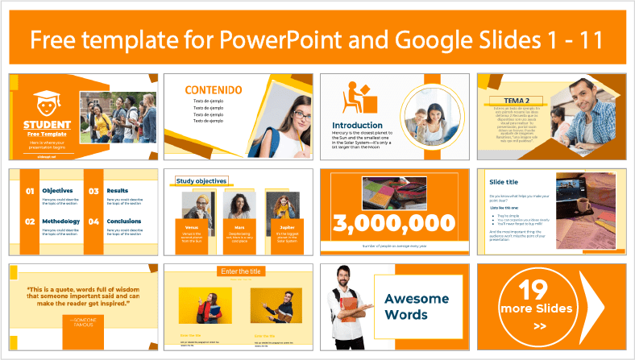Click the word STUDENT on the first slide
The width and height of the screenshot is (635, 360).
coord(46,125)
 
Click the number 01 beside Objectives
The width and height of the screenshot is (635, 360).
coord(29,191)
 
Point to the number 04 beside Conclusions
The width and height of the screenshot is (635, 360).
coord(93,221)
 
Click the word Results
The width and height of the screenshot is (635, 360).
coord(122,191)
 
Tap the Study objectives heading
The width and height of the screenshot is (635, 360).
coord(201,181)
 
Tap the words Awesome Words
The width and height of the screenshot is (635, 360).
coord(417,306)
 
